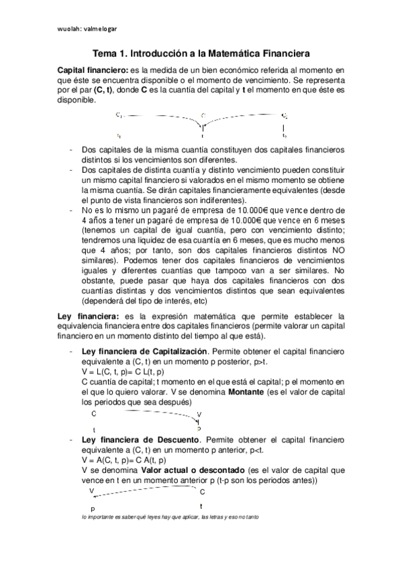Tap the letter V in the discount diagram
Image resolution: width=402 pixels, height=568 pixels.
(91, 492)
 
